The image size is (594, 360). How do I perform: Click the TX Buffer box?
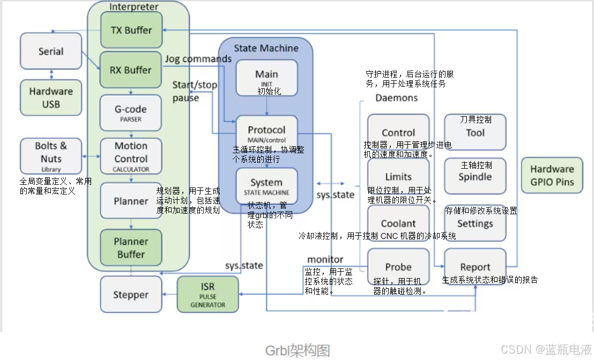point(131,30)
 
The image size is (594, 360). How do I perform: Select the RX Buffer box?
point(131,70)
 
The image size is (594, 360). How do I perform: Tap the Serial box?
point(51,51)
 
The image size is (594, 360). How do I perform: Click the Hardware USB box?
point(51,97)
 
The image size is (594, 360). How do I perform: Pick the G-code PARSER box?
point(131,112)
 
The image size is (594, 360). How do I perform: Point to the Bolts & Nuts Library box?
point(51,155)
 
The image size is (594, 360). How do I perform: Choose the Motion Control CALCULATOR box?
point(131,156)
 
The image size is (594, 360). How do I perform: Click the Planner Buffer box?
point(131,247)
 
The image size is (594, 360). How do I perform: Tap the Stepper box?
point(131,295)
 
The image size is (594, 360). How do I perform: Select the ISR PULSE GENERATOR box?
point(207,295)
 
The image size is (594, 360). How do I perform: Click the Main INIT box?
point(266,78)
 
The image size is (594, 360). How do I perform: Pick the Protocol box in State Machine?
point(266,132)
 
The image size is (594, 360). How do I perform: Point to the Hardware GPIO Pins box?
point(552,175)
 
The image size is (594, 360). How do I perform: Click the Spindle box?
point(475,176)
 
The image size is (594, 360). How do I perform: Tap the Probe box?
point(398,267)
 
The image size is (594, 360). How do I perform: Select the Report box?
point(475,267)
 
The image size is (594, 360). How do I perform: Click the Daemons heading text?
point(396,98)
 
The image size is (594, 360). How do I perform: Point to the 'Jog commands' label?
point(198,59)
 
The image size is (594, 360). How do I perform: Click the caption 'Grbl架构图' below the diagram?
point(298,350)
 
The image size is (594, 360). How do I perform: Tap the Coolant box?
point(398,223)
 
